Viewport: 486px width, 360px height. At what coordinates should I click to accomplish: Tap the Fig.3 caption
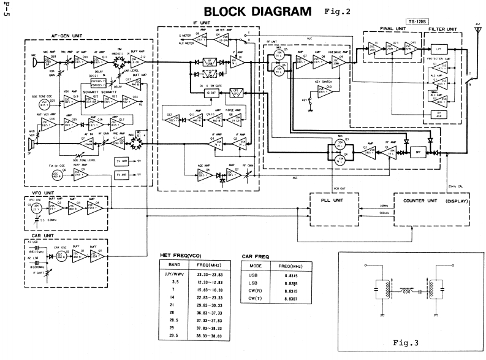coord(407,342)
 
